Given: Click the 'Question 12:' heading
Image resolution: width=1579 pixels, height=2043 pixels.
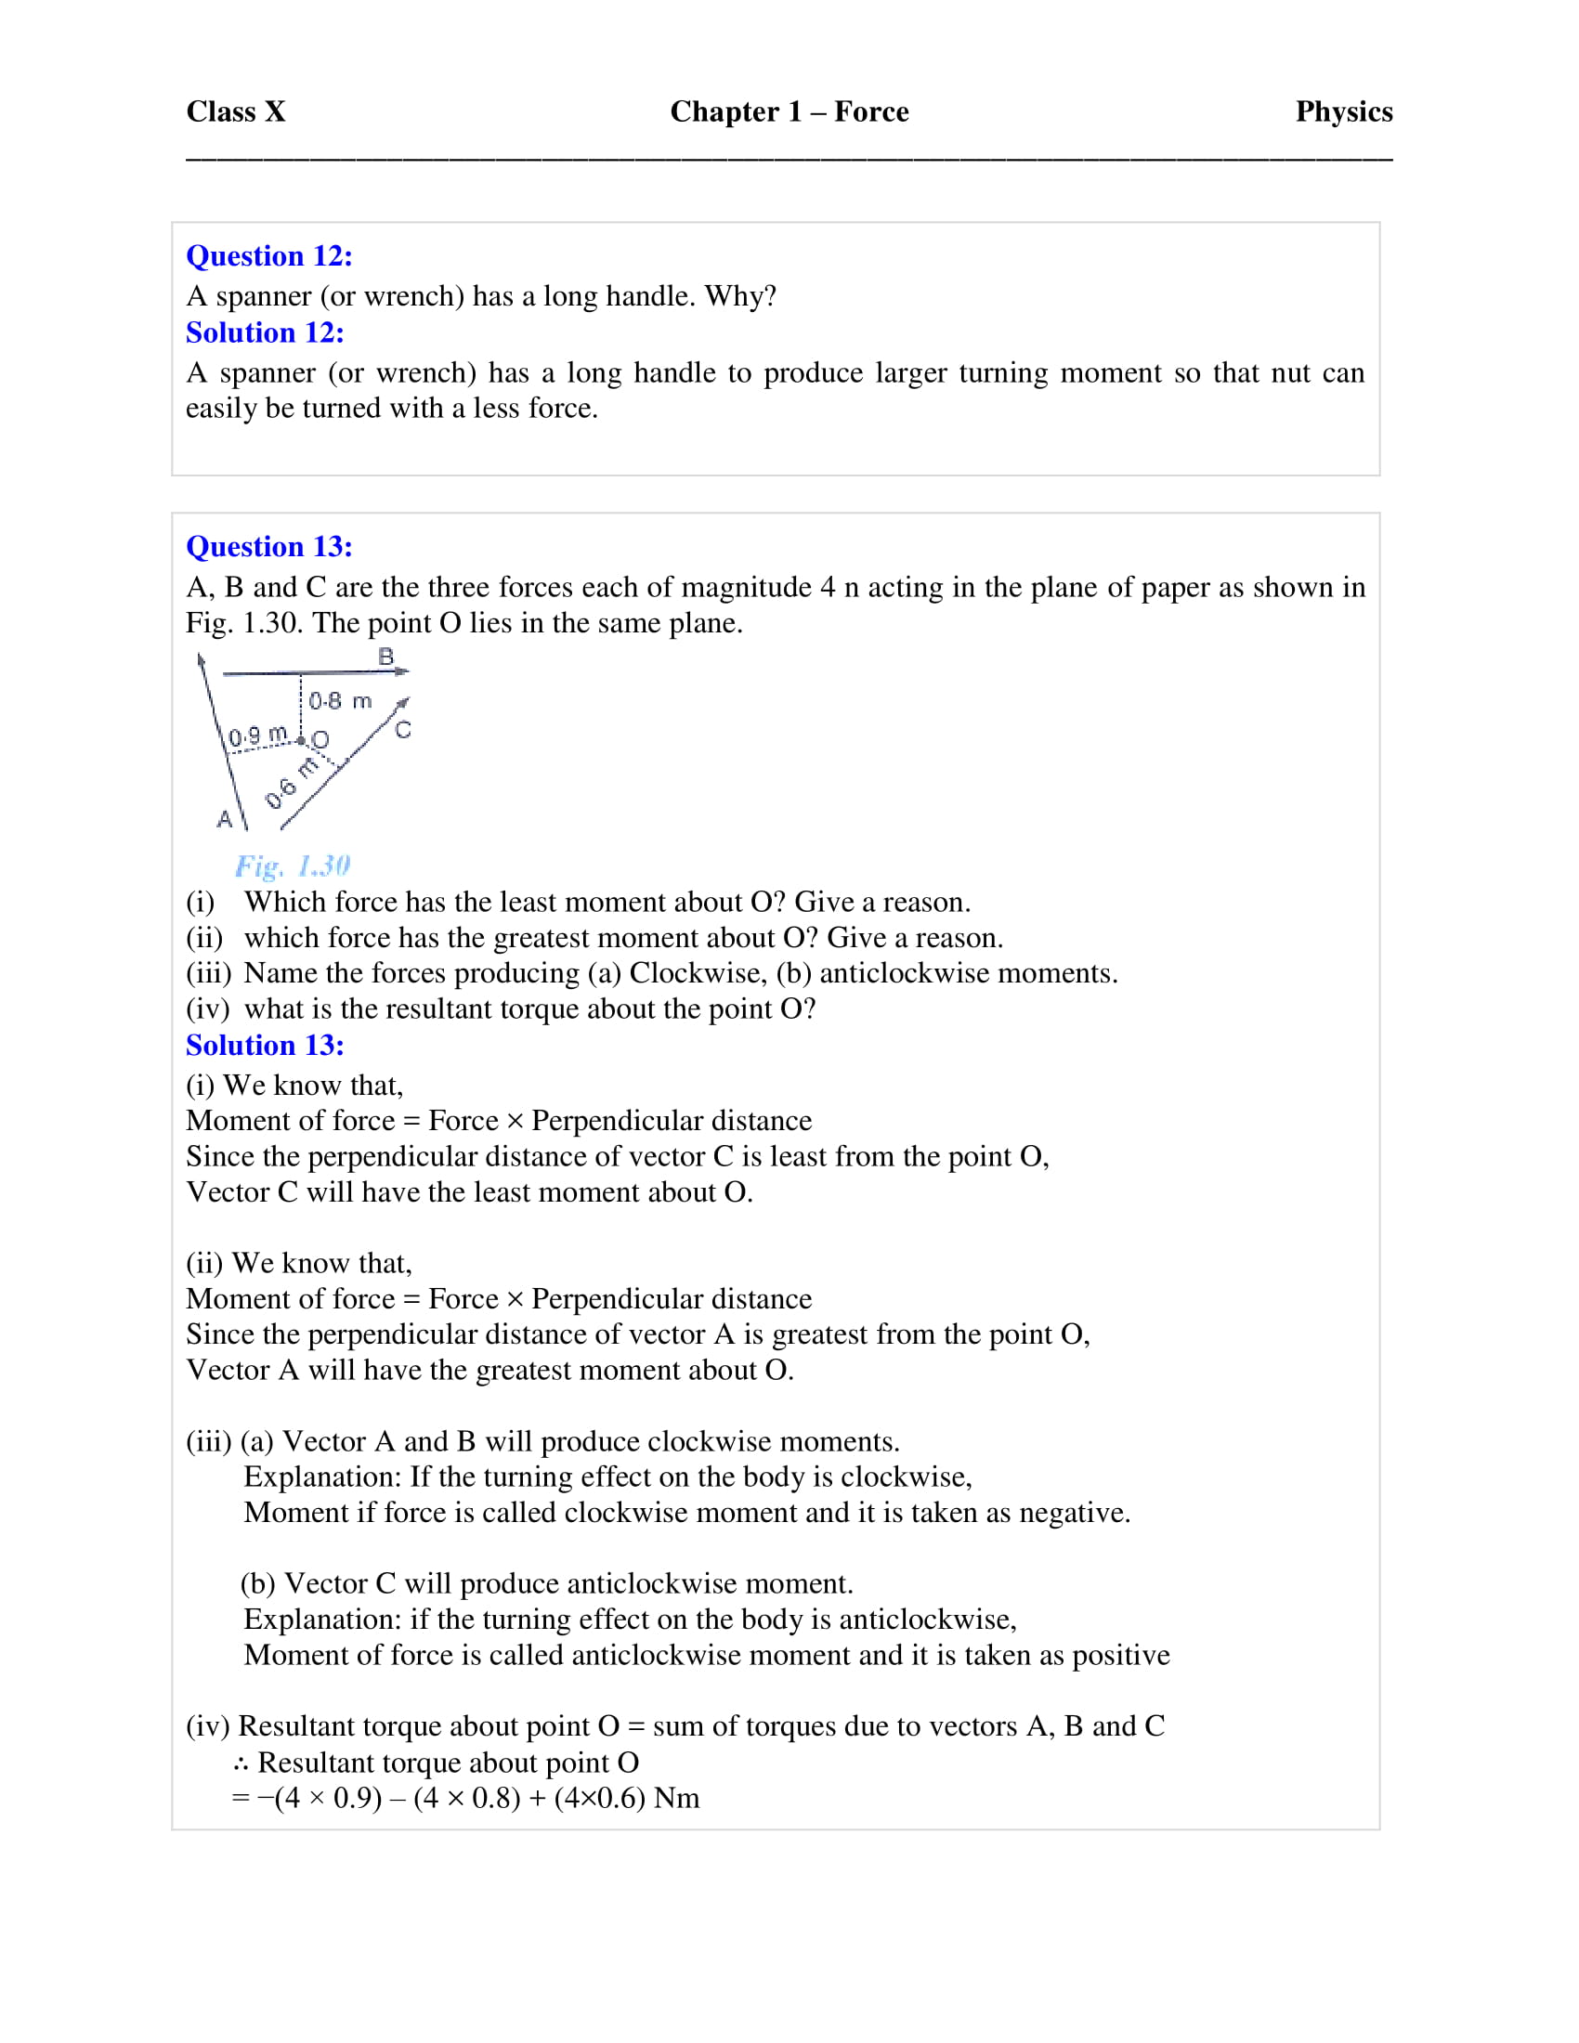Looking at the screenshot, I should coord(268,255).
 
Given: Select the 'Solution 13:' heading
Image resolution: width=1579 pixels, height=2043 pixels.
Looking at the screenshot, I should coord(265,1045).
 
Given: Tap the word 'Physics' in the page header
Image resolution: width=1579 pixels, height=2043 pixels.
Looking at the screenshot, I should coord(1343,111).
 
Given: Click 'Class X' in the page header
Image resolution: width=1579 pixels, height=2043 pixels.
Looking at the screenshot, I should coord(236,111).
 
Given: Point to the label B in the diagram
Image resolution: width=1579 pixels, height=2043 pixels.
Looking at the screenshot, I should coord(385,657).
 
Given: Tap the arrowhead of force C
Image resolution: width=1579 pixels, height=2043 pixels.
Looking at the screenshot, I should coord(403,701).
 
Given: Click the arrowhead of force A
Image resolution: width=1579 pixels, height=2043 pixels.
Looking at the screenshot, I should coord(202,660).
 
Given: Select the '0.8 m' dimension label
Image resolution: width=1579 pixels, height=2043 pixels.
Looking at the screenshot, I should coord(340,700).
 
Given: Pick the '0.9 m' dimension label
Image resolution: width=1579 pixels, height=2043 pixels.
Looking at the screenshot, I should coord(258,736).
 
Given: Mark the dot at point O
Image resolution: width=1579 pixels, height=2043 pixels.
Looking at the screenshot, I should coord(301,741).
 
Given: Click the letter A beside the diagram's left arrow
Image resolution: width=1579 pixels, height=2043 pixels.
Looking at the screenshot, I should coord(225,819).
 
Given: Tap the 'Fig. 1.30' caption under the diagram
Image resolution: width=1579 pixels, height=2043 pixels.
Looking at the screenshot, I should coord(292,865).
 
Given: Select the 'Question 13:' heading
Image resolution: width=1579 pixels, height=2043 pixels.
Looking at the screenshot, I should coord(268,546).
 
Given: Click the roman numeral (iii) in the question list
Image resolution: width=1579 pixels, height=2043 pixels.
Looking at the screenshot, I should coord(208,973).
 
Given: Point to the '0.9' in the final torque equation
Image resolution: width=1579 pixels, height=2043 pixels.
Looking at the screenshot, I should coord(357,1798).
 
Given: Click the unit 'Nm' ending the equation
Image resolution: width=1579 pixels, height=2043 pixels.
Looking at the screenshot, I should coord(676,1798).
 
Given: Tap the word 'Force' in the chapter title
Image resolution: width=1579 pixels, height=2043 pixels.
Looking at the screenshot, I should coord(871,111).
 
